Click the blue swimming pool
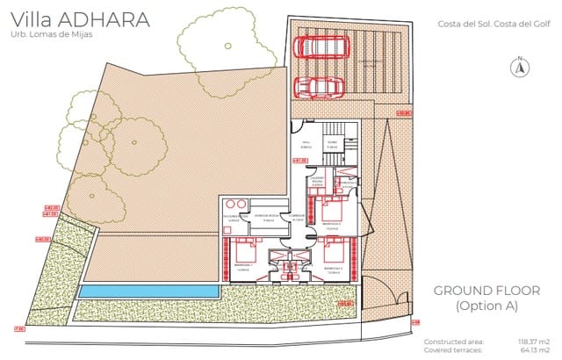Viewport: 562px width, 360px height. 147,291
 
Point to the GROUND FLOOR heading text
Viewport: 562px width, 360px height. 487,291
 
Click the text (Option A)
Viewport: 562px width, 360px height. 486,306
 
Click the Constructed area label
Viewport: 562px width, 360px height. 451,341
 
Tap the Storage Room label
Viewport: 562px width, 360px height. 267,216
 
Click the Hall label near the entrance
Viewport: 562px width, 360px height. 306,141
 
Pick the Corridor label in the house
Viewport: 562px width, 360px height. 298,216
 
